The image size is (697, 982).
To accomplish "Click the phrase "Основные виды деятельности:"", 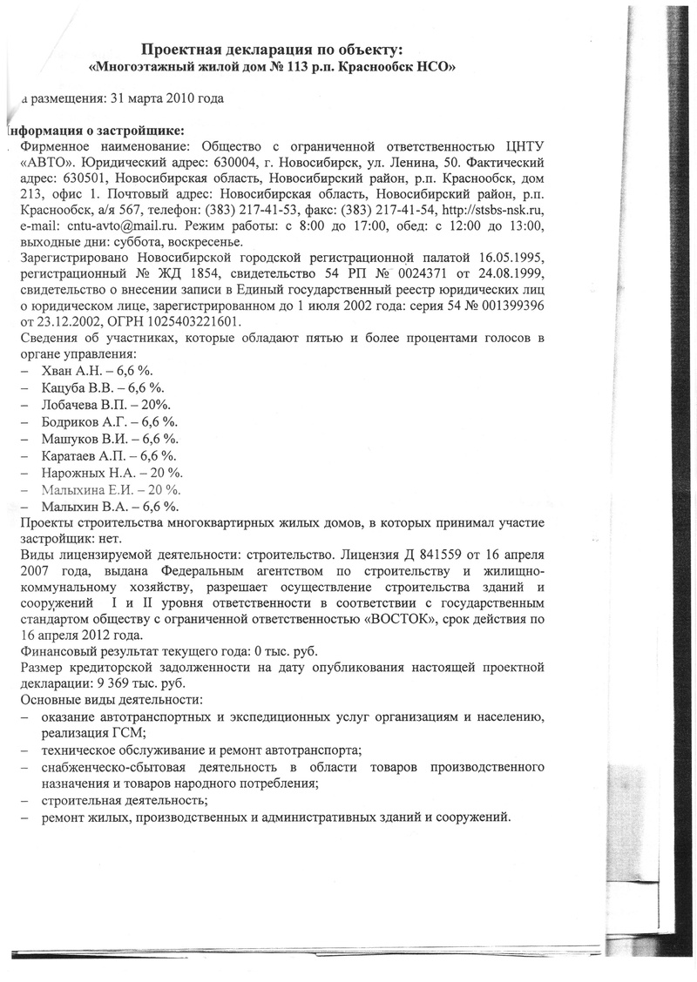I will (111, 700).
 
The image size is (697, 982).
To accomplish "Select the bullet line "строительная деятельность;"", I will (125, 800).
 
